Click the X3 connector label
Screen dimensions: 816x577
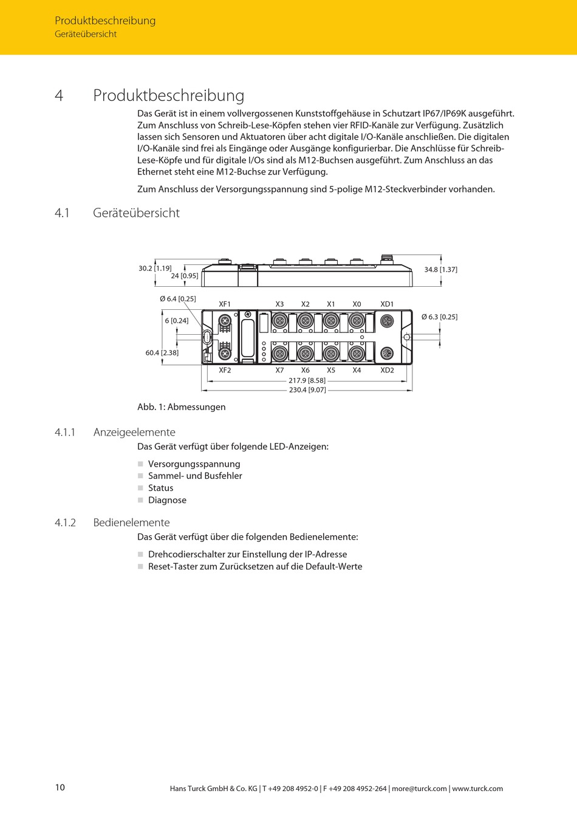pos(279,304)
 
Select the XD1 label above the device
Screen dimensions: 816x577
pos(387,304)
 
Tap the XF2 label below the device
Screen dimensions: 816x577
pos(225,370)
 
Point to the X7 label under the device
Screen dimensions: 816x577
pos(279,370)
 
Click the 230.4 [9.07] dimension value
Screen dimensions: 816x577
pos(307,390)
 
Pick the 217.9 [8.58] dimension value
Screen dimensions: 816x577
pos(307,381)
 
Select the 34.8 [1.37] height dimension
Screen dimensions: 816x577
pos(440,269)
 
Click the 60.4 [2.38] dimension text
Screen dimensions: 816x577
pos(162,353)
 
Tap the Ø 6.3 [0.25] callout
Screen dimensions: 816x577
pos(439,317)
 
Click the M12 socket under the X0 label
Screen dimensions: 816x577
pos(357,320)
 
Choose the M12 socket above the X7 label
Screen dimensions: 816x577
pos(279,353)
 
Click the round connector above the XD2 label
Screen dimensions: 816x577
pos(387,354)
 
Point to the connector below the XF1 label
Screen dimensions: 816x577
pos(225,320)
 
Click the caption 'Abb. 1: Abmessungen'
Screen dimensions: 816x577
pos(181,407)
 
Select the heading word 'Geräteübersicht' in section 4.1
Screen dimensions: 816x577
pos(136,213)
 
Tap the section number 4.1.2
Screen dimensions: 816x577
pos(65,523)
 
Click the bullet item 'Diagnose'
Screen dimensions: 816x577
pos(167,500)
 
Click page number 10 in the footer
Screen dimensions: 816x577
pos(60,787)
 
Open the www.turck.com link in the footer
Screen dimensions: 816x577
pos(477,789)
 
